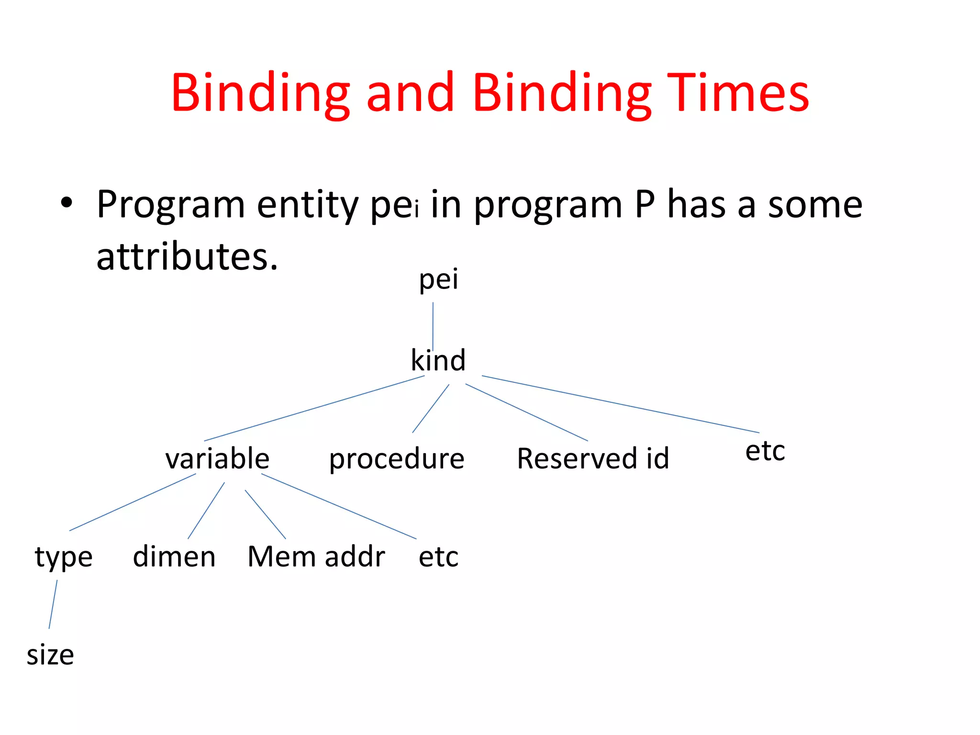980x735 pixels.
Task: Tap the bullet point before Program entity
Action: (67, 203)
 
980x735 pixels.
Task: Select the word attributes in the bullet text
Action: (187, 256)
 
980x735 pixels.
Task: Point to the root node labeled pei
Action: (438, 279)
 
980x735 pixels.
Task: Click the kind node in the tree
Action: (438, 360)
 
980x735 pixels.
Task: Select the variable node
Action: (217, 458)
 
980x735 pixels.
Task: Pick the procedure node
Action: (397, 458)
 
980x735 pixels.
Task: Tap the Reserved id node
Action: (593, 458)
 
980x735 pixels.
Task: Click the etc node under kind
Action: (765, 451)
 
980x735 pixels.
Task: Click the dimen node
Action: (174, 557)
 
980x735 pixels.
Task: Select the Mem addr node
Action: (316, 557)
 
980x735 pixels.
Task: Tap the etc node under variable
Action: (438, 557)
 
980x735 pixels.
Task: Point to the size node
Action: (50, 655)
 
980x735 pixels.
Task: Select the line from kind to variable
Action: (313, 409)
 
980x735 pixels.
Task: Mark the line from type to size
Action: (53, 604)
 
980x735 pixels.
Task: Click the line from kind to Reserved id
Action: (526, 412)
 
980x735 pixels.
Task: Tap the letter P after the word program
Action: (645, 204)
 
